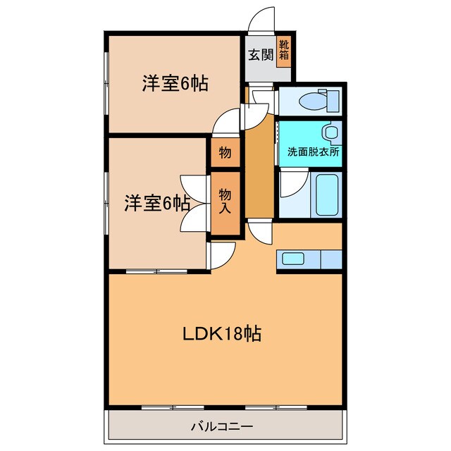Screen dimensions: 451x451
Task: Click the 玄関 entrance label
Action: (x=261, y=54)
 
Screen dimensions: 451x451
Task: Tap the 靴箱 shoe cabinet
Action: (x=284, y=51)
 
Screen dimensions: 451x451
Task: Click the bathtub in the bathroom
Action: (x=327, y=194)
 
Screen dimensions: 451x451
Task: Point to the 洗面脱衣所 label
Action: (x=313, y=152)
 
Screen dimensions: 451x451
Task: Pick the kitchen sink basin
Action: (x=293, y=259)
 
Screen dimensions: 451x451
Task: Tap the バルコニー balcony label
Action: (x=222, y=426)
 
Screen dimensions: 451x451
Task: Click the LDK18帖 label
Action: (x=222, y=333)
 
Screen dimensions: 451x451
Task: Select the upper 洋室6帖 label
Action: (x=175, y=83)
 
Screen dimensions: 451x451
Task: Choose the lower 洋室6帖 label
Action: (x=157, y=204)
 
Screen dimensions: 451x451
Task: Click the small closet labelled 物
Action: (x=225, y=152)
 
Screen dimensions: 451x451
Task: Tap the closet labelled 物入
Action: (x=225, y=203)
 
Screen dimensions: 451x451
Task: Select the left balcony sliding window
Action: (x=173, y=407)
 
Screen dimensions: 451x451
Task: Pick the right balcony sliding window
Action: (x=276, y=407)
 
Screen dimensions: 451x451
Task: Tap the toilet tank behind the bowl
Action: (x=333, y=101)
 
